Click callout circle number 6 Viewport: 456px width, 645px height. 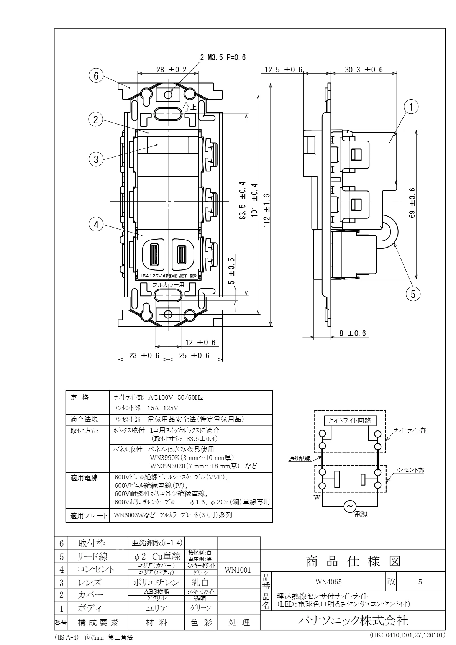coord(96,76)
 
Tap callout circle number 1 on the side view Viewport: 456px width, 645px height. coord(411,108)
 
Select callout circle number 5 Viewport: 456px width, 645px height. coord(413,294)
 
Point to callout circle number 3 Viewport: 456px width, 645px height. coord(96,159)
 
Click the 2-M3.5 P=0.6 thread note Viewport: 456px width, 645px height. coord(223,58)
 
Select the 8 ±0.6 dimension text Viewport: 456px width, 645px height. coord(353,333)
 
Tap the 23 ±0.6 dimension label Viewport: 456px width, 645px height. coord(144,356)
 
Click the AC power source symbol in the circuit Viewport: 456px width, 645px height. coord(349,507)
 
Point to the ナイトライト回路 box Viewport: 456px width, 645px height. coord(350,420)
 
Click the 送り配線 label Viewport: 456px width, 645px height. coord(300,458)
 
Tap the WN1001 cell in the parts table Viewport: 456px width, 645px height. coord(238,570)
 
